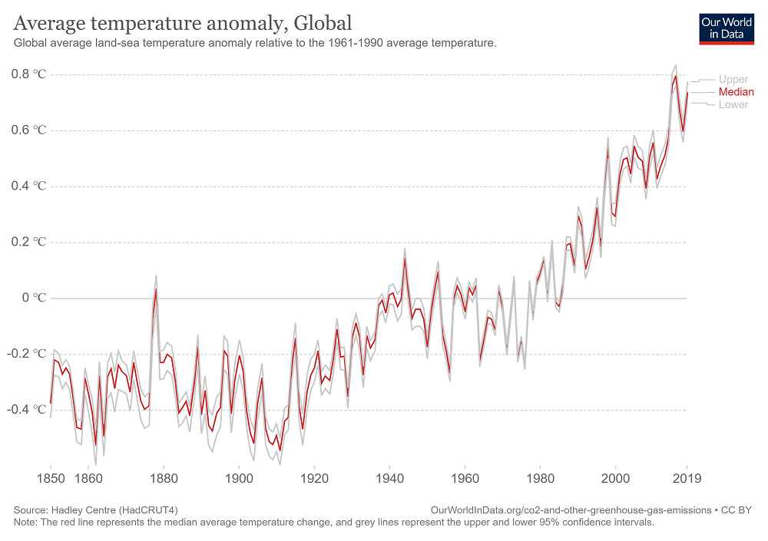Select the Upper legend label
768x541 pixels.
coord(733,79)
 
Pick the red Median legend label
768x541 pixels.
coord(736,92)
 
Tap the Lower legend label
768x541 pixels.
coord(733,104)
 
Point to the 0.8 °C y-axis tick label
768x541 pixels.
coord(29,74)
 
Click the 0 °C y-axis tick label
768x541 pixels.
coord(35,298)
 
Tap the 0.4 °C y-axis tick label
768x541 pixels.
coord(29,186)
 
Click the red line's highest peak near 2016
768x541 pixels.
coord(676,75)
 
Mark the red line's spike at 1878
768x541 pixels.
coord(156,289)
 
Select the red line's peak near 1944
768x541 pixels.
coord(404,259)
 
